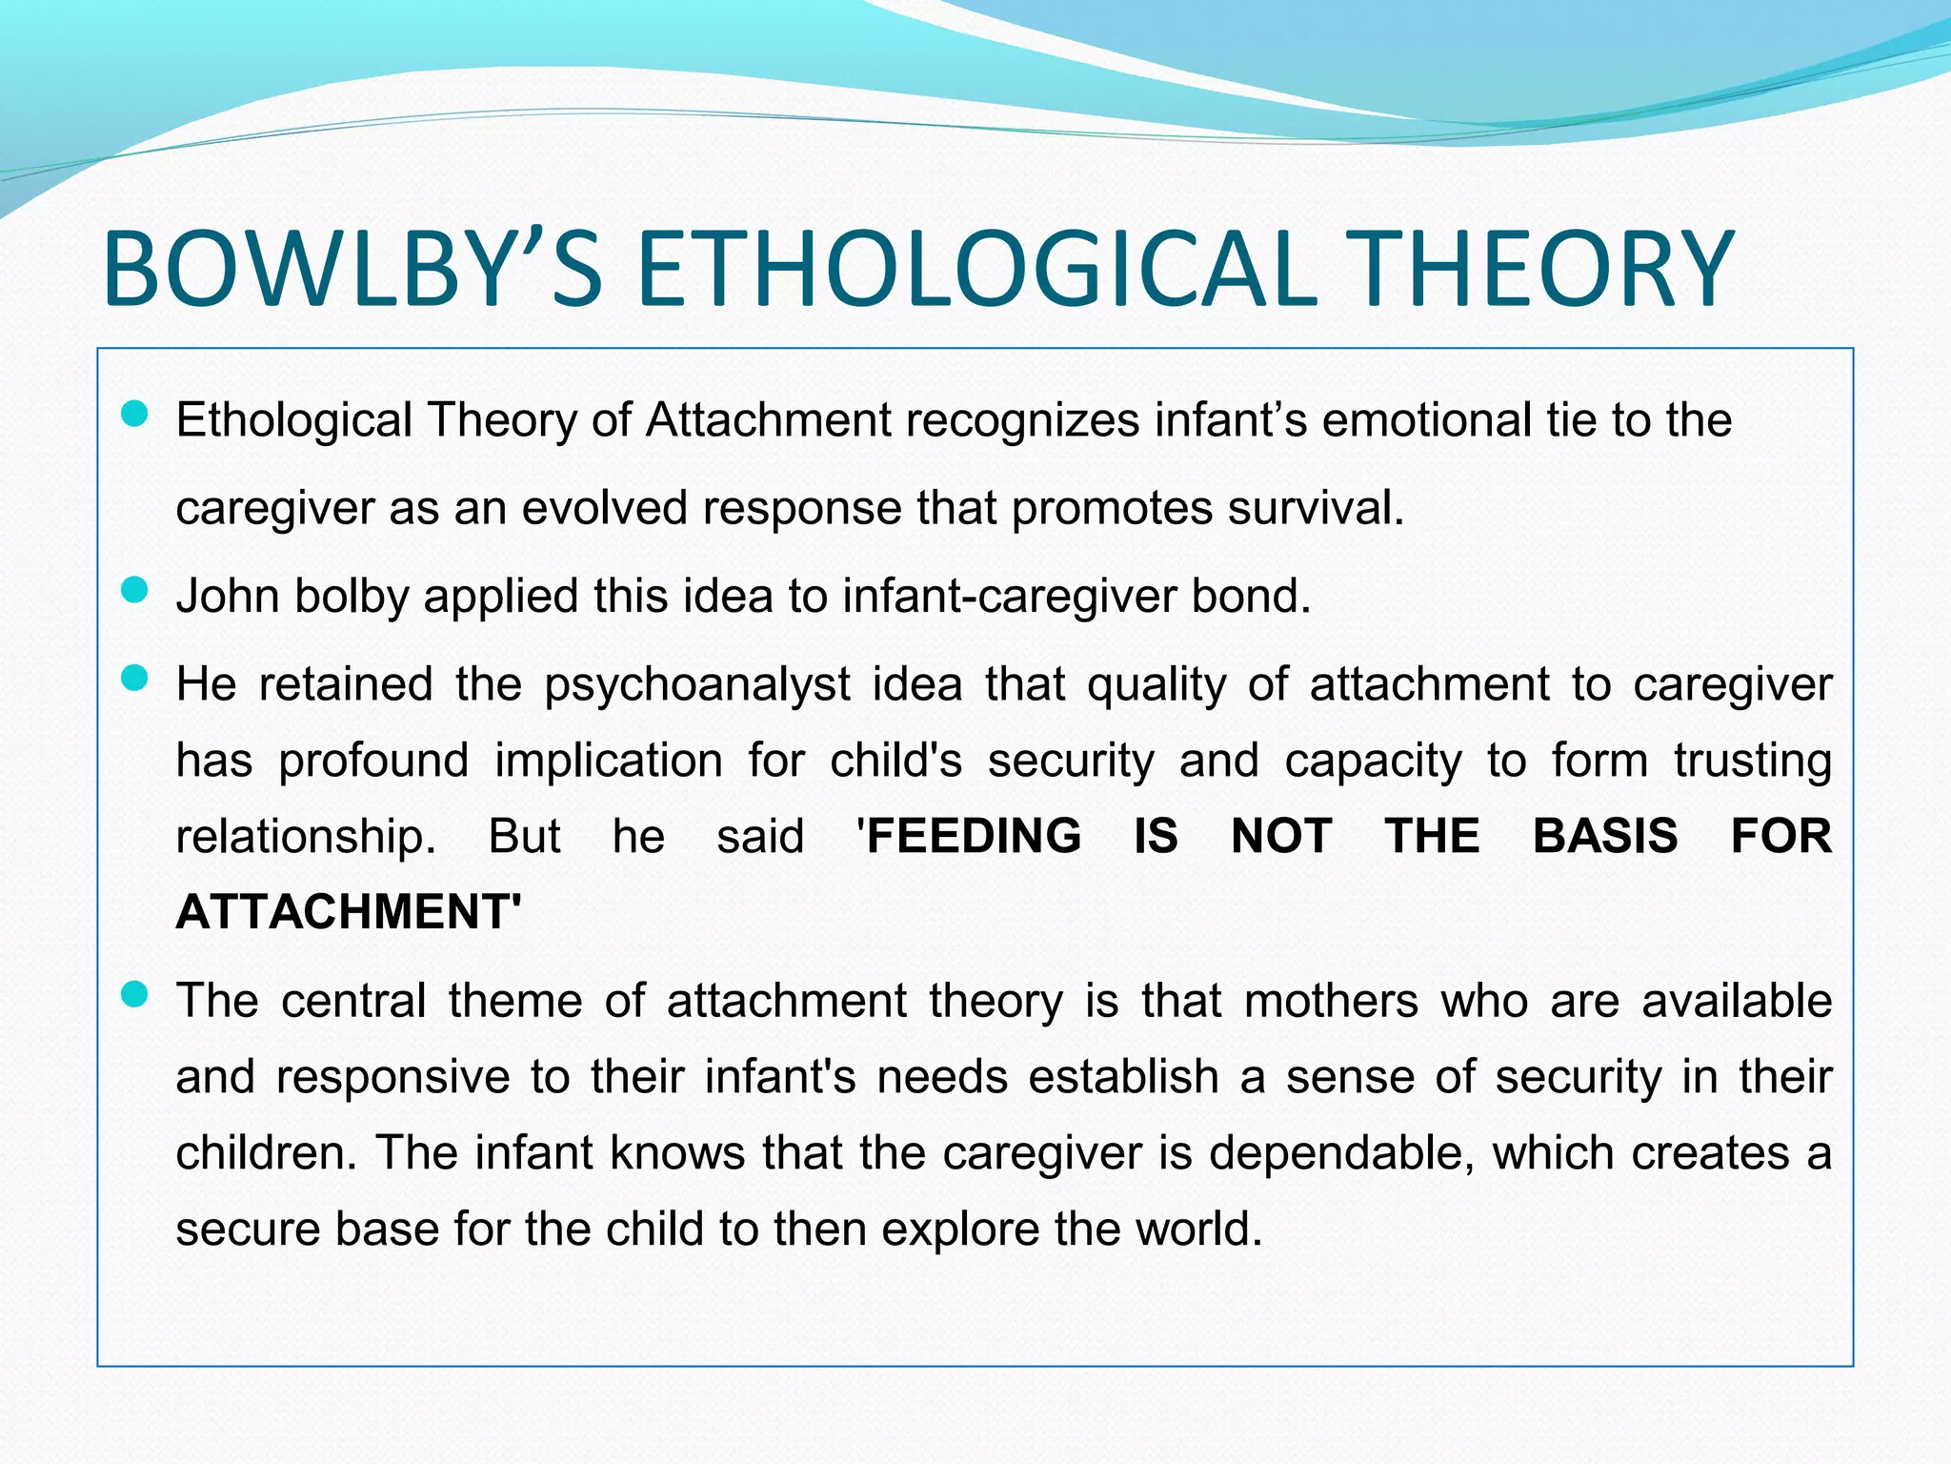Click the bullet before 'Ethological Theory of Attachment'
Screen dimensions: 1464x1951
pyautogui.click(x=135, y=414)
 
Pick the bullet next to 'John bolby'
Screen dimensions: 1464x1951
pyautogui.click(x=135, y=590)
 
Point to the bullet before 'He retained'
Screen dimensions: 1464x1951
pyautogui.click(x=135, y=679)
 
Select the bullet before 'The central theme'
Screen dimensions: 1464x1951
pyautogui.click(x=135, y=995)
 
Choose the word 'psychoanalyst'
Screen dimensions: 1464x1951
pyautogui.click(x=697, y=685)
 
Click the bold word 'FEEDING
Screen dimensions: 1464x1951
pyautogui.click(x=970, y=836)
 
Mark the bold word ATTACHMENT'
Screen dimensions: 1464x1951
pyautogui.click(x=349, y=911)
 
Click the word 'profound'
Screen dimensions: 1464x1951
pyautogui.click(x=373, y=762)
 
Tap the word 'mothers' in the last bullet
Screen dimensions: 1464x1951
pyautogui.click(x=1331, y=1002)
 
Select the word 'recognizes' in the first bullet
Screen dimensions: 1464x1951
pyautogui.click(x=1022, y=420)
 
